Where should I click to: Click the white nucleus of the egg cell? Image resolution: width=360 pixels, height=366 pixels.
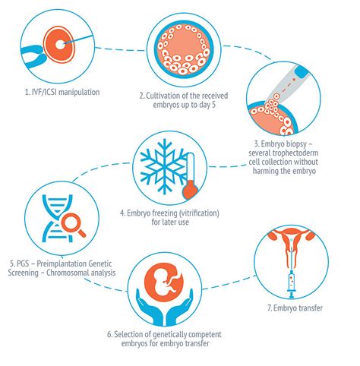pos(60,45)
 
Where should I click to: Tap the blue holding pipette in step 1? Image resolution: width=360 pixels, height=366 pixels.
pos(34,55)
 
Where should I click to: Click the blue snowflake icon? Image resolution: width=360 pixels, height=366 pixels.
pos(165,166)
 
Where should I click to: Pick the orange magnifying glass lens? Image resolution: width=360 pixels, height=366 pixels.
pos(71,222)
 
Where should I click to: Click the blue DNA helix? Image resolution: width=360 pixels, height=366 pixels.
pos(57,218)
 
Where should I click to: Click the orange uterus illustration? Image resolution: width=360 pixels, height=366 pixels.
pos(291,241)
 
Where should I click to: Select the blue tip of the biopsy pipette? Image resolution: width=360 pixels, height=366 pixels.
pos(302,72)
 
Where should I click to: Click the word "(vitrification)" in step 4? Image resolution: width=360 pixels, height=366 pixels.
pos(199,213)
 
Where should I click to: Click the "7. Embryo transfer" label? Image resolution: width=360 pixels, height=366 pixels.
pos(295,308)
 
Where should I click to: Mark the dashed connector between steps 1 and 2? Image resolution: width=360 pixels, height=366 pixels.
pos(121,49)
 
